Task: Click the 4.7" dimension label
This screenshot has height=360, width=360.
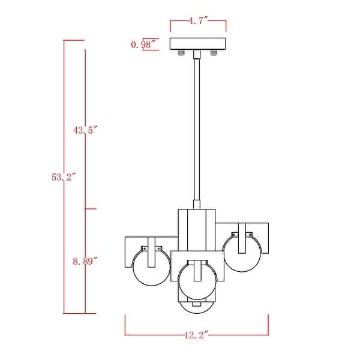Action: (x=198, y=21)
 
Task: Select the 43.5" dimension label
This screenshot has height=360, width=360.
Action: (x=86, y=130)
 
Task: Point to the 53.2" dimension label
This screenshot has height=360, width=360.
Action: (x=64, y=177)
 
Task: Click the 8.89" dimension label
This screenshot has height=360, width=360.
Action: (x=85, y=261)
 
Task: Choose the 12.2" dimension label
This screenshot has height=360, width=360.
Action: (x=197, y=335)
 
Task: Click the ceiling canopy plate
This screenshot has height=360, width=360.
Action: (x=197, y=44)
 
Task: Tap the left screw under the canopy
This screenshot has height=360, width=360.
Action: (x=181, y=53)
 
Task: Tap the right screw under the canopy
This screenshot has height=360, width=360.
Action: (x=214, y=53)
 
